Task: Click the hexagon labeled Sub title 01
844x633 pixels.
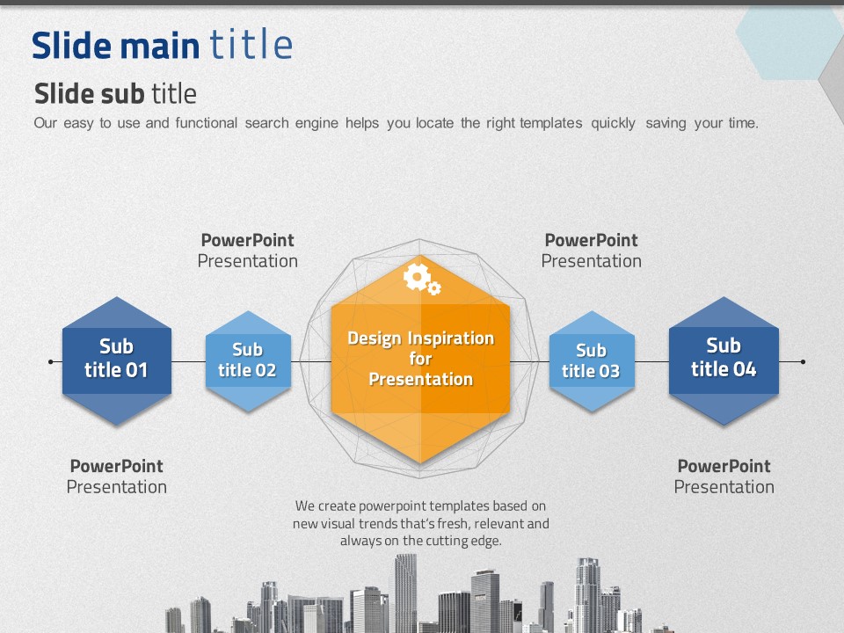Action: click(x=117, y=360)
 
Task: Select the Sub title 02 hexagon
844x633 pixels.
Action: click(x=248, y=361)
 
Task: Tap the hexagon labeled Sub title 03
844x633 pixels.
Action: click(x=592, y=361)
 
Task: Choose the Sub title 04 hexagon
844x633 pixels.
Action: click(x=724, y=360)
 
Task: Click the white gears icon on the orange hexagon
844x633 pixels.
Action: click(x=422, y=279)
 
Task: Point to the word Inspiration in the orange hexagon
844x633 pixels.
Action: click(x=450, y=338)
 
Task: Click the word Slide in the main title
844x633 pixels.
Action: click(x=72, y=45)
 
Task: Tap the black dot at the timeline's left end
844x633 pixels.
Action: click(x=51, y=361)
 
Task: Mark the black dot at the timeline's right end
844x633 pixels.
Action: click(x=803, y=361)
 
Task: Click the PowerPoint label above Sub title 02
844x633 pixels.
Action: click(x=248, y=240)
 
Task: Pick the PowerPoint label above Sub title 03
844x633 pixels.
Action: click(x=591, y=240)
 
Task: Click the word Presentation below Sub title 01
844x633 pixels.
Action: click(x=117, y=487)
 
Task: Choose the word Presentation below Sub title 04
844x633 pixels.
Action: click(x=724, y=487)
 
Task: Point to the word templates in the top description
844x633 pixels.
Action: click(x=551, y=123)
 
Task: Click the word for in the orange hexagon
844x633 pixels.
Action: click(x=420, y=359)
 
